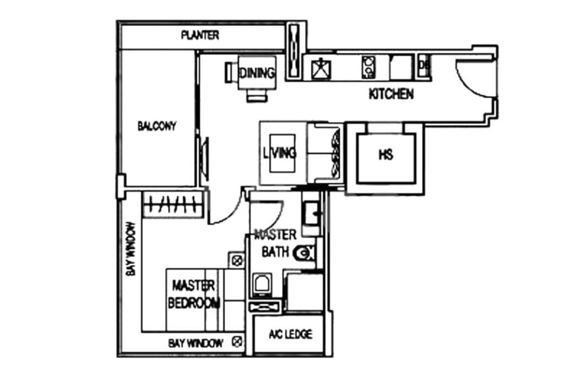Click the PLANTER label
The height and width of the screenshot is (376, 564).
click(x=200, y=36)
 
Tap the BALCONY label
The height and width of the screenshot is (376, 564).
click(x=157, y=127)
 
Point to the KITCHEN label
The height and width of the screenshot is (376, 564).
click(x=391, y=94)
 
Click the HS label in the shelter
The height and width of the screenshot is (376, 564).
click(x=386, y=155)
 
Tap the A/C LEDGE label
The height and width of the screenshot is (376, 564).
click(x=290, y=334)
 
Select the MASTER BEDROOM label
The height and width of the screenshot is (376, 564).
click(x=194, y=295)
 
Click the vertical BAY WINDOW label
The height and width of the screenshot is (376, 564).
click(x=131, y=249)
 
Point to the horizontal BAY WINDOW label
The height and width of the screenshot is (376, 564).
click(x=196, y=344)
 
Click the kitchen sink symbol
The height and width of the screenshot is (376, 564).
click(x=320, y=68)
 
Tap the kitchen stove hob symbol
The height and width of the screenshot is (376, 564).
click(x=368, y=68)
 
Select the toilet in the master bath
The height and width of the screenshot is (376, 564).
click(x=305, y=253)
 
